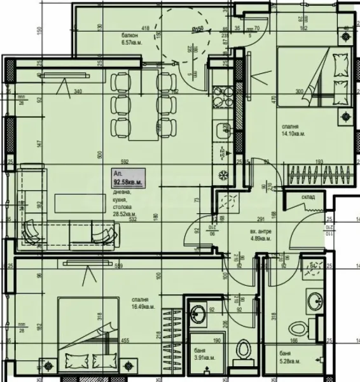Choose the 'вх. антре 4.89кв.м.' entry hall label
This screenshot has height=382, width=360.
[x=260, y=235]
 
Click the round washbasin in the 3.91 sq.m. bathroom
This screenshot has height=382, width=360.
[x=197, y=313]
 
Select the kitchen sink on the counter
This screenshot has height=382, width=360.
[x=222, y=131]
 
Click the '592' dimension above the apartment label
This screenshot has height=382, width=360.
[x=124, y=161]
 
